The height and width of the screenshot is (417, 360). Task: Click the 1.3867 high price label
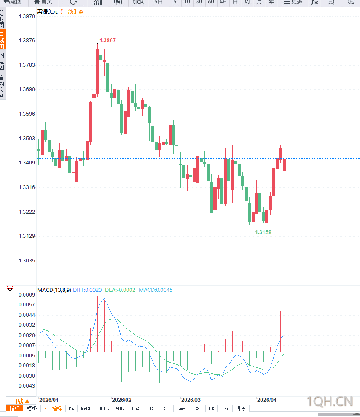[x=108, y=41]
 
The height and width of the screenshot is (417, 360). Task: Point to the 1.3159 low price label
[x=263, y=232]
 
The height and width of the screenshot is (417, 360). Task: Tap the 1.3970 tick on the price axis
[x=27, y=16]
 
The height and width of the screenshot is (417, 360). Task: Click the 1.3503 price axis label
[x=27, y=139]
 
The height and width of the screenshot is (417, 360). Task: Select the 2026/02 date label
[x=121, y=400]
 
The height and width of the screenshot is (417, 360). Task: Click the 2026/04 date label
[x=267, y=400]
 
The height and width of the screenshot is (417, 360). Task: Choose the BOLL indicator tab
[x=103, y=408]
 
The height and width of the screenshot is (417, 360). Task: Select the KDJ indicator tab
[x=166, y=408]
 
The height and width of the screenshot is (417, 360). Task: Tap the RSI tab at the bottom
[x=198, y=408]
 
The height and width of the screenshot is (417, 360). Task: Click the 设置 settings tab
[x=241, y=408]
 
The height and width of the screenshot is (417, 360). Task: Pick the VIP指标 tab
[x=53, y=408]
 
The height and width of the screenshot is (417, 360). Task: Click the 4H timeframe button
[x=223, y=2]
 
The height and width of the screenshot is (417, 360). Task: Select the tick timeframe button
[x=138, y=2]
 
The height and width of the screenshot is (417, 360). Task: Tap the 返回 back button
[x=13, y=2]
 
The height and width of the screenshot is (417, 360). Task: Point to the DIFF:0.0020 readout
[x=87, y=290]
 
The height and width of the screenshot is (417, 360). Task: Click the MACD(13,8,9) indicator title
[x=54, y=290]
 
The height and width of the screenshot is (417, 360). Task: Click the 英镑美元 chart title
[x=47, y=12]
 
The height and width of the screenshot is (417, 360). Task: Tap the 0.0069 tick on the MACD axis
[x=26, y=295]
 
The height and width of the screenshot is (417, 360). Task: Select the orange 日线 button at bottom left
[x=20, y=401]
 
